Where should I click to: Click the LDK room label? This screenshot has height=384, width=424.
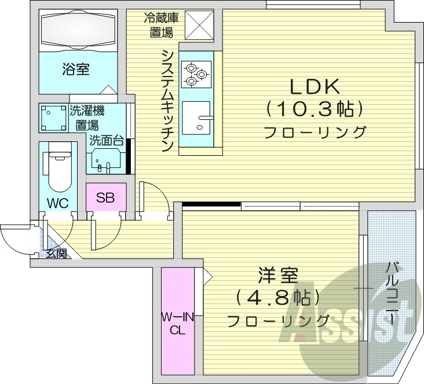tap(315, 87)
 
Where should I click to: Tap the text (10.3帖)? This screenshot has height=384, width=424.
tap(315, 109)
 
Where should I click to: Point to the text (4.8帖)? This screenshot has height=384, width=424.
tap(278, 298)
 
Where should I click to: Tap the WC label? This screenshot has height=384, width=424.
tap(59, 203)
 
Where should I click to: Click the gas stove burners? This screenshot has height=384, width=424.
tap(196, 74)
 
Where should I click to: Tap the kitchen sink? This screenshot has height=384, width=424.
tap(198, 118)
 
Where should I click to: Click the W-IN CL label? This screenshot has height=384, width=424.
tap(178, 324)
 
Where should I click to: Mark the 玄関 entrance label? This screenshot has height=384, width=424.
tap(57, 253)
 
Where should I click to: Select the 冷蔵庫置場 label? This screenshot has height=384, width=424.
tap(162, 25)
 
